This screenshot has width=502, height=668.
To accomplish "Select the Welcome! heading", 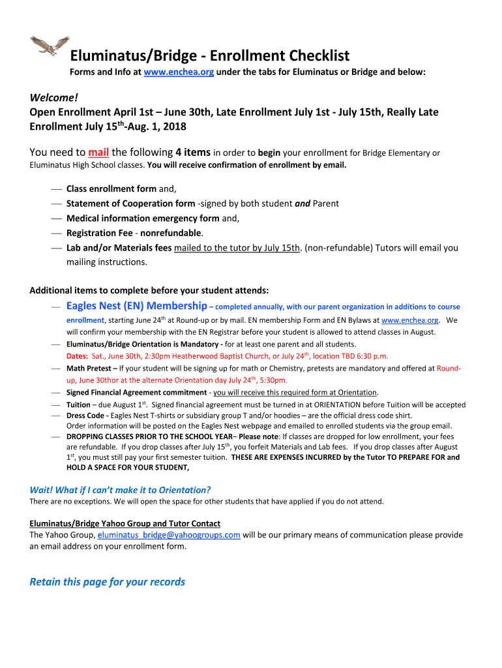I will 53,98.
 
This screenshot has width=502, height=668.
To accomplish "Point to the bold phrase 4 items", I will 192,152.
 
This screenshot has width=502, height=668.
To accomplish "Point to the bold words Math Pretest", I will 89,368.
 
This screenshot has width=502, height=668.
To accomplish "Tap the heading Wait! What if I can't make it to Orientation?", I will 121,490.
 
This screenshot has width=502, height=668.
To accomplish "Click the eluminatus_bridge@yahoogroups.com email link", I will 169,535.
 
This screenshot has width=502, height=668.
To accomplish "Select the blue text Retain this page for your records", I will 108,582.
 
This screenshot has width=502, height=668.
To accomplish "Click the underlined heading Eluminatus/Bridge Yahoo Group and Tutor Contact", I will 125,523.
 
